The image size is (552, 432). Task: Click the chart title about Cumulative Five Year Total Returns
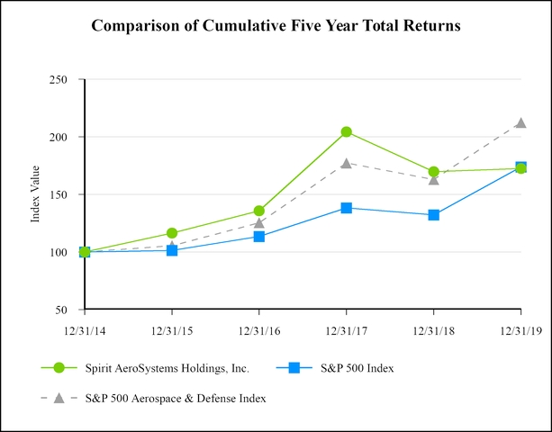point(276,26)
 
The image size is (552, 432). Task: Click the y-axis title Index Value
point(36,194)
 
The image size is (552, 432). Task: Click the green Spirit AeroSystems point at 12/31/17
point(347,132)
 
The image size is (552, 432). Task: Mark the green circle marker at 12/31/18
point(434,171)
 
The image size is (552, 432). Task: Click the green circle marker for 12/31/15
point(172,233)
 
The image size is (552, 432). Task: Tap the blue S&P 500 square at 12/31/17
point(347,208)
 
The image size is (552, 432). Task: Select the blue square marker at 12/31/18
point(434,215)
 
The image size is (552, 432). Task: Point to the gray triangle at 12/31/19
point(520,122)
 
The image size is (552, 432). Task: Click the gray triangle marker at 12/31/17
point(347,163)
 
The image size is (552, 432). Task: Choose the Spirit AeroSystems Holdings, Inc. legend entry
point(166,367)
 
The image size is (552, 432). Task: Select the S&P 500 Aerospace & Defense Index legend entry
point(176,397)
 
